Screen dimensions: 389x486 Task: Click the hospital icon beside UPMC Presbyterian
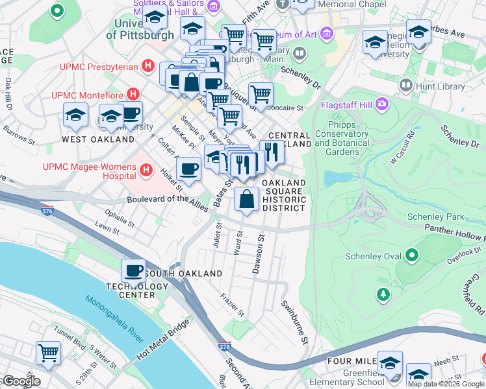click(149, 66)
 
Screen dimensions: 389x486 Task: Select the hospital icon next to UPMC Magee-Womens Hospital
click(147, 171)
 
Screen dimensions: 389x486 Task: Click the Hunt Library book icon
click(407, 85)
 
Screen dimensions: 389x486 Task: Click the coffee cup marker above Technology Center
click(134, 270)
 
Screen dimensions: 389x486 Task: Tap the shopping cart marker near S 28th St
click(49, 353)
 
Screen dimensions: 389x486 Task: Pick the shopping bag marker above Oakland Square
click(246, 199)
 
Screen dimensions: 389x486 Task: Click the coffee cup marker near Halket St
click(188, 169)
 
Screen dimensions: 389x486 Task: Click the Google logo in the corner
click(21, 381)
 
